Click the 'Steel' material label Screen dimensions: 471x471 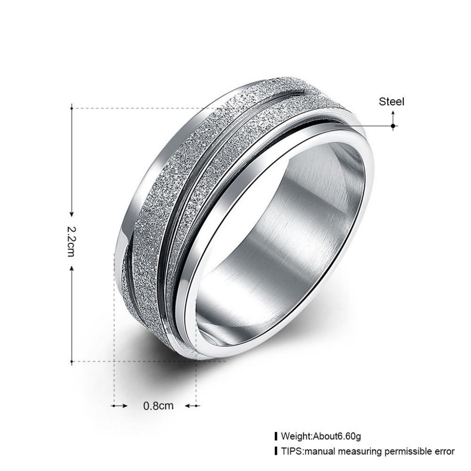point(391,102)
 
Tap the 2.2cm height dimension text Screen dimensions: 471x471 point(71,241)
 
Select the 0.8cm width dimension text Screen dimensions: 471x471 point(158,406)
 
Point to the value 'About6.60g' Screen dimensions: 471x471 point(337,436)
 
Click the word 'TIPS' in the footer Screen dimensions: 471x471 point(290,451)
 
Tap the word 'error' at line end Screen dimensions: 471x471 point(445,451)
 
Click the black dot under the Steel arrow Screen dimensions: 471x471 point(393,126)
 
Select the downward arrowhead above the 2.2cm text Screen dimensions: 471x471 point(72,214)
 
